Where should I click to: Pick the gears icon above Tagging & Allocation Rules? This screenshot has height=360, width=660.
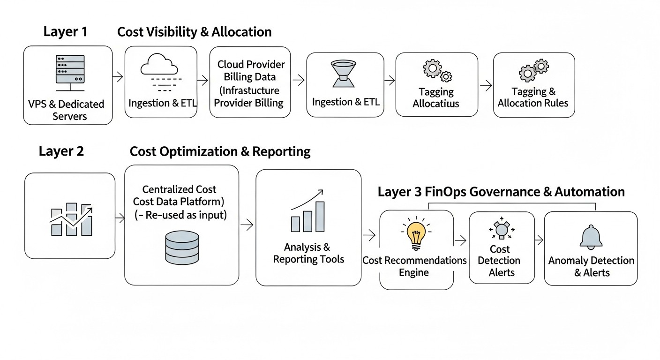coord(533,71)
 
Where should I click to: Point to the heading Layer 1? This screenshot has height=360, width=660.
coord(65,32)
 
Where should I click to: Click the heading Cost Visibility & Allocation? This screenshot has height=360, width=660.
coord(194,32)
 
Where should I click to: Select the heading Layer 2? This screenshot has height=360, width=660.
coord(61,151)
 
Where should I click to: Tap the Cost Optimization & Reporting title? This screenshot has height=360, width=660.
coord(220,151)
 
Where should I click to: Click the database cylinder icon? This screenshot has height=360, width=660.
coord(182,247)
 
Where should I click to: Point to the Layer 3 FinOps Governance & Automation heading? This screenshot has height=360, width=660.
coord(501,192)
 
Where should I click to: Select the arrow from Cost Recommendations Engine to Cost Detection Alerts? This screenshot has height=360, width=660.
coord(461,240)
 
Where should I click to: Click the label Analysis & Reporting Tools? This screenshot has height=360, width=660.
coord(308,253)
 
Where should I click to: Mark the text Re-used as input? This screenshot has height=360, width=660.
coord(186,216)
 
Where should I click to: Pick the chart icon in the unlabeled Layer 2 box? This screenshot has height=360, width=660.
coord(71,219)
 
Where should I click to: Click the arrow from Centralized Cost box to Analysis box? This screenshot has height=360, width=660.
coord(247,225)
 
